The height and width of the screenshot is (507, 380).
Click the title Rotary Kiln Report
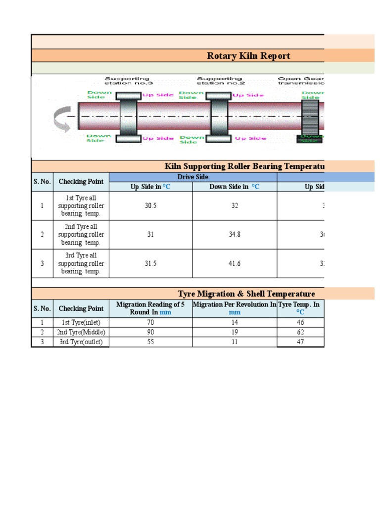pyautogui.click(x=248, y=56)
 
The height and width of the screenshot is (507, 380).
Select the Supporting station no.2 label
pyautogui.click(x=219, y=81)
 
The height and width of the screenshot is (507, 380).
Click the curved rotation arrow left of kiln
pyautogui.click(x=62, y=120)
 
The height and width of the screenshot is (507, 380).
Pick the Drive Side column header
pyautogui.click(x=192, y=177)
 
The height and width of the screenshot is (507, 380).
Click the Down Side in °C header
pyautogui.click(x=234, y=187)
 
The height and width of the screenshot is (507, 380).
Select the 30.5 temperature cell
pyautogui.click(x=150, y=206)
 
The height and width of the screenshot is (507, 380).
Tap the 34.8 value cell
pyautogui.click(x=235, y=235)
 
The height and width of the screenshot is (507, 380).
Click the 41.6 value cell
pyautogui.click(x=235, y=263)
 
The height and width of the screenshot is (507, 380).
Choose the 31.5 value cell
pyautogui.click(x=150, y=263)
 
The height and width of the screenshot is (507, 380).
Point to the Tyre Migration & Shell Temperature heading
pyautogui.click(x=246, y=294)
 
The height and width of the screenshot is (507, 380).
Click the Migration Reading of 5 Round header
pyautogui.click(x=150, y=308)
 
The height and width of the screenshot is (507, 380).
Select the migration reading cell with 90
pyautogui.click(x=150, y=332)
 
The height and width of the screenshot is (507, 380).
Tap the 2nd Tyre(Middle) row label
pyautogui.click(x=81, y=332)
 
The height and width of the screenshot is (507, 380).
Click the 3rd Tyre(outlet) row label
pyautogui.click(x=81, y=342)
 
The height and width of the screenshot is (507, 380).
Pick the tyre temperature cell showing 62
pyautogui.click(x=300, y=332)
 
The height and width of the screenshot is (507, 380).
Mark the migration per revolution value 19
pyautogui.click(x=235, y=332)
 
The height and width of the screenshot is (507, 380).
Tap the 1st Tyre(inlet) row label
pyautogui.click(x=81, y=322)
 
